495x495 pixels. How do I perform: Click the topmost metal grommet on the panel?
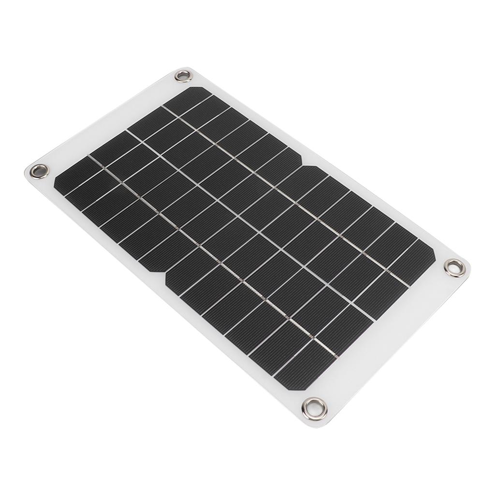pyautogui.click(x=183, y=75)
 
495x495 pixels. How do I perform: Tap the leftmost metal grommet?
pyautogui.click(x=39, y=171)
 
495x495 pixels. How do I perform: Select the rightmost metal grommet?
pyautogui.click(x=454, y=267)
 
